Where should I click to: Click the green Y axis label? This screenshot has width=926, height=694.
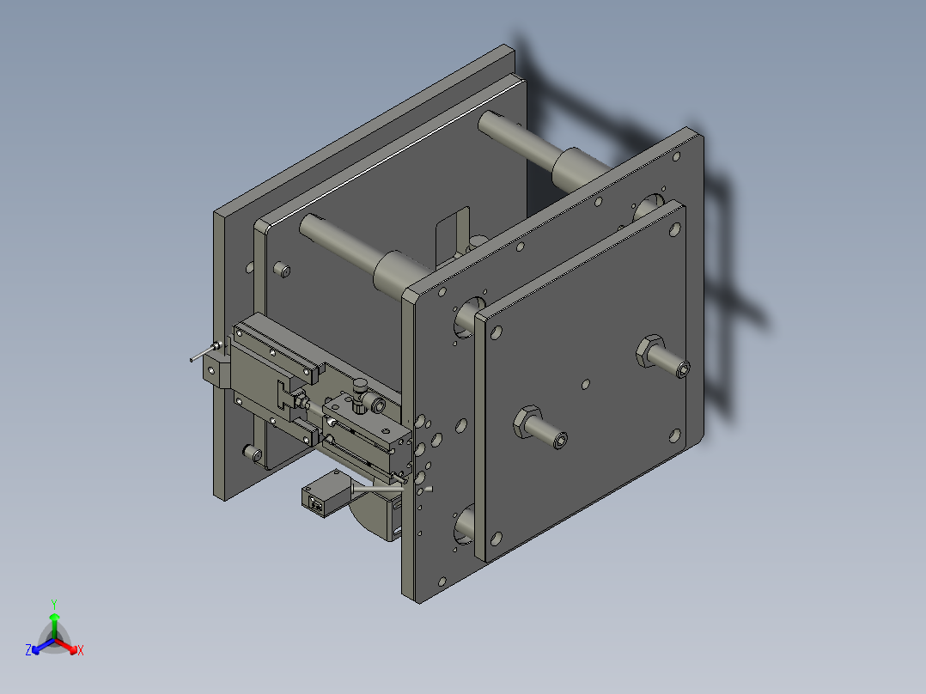[x=53, y=604]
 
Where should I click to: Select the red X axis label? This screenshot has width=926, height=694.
[x=81, y=651]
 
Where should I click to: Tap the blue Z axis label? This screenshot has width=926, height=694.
[x=28, y=651]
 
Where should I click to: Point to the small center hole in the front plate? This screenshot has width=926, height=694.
[x=585, y=384]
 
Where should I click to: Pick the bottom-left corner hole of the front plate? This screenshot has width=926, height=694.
[x=496, y=539]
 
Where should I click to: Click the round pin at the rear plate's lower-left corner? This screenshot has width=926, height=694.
[x=251, y=452]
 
